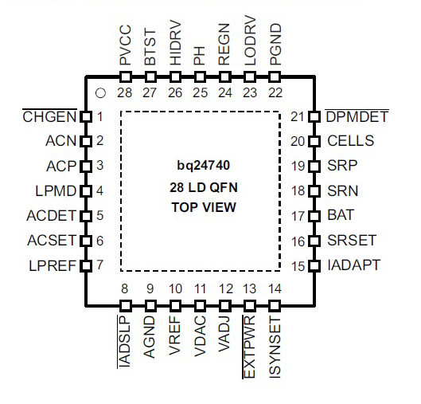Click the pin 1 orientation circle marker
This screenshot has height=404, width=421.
100,93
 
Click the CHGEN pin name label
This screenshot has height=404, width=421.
49,116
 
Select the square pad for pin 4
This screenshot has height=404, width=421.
86,191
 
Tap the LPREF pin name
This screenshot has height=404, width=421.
53,266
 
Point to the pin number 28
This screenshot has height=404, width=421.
125,93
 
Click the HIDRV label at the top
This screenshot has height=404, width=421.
176,44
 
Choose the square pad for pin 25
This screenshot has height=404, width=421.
200,77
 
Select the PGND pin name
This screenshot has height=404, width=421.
275,45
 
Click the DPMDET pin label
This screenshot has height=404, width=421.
357,116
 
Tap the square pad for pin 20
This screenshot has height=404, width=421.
314,141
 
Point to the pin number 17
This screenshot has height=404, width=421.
298,216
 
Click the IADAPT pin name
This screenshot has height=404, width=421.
353,265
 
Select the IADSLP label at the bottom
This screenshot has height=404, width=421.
124,340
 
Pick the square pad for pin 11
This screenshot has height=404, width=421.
200,306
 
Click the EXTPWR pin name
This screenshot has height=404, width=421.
249,347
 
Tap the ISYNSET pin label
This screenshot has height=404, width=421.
275,347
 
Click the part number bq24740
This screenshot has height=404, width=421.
203,165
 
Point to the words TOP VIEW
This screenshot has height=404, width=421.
204,207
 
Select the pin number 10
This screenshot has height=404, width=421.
175,289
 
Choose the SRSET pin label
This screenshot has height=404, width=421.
352,241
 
